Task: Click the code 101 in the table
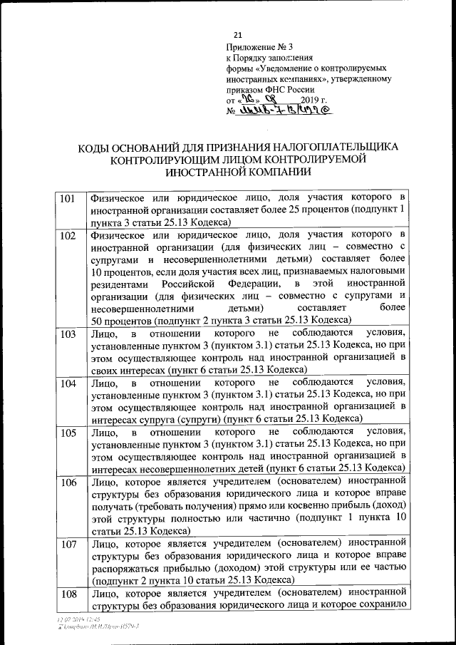(x=68, y=197)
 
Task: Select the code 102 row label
(x=68, y=235)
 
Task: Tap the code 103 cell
(x=68, y=334)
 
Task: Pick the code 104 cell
(x=68, y=383)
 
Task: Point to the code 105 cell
(x=68, y=433)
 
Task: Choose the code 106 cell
(x=68, y=483)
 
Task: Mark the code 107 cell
(x=68, y=544)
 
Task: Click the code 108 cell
(x=68, y=594)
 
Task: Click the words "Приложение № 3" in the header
(x=254, y=48)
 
